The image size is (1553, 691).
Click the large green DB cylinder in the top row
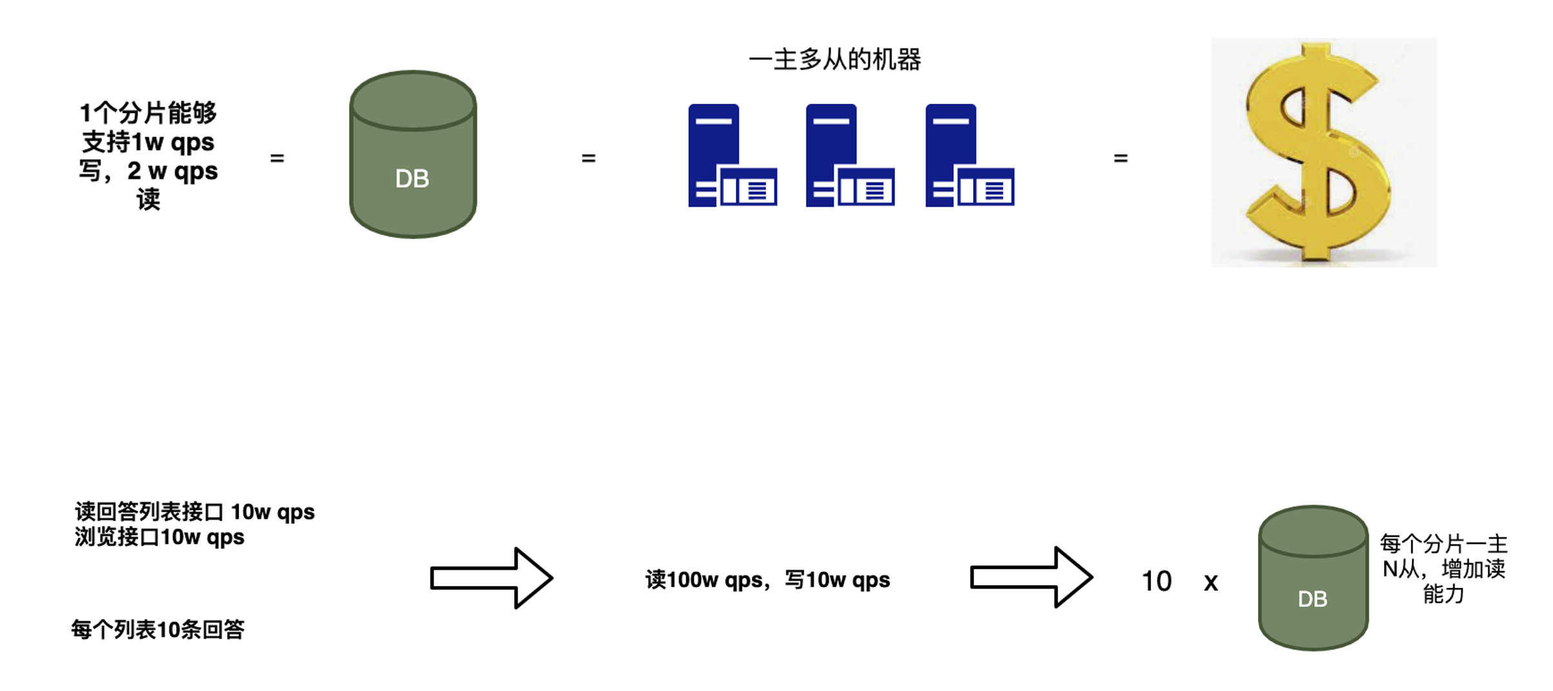click(412, 155)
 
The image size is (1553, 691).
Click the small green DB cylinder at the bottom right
click(1313, 578)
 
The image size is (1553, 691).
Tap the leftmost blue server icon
click(732, 155)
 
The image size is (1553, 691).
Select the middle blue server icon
click(849, 155)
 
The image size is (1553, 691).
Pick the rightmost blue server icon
click(969, 155)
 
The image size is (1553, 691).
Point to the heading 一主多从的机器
click(834, 60)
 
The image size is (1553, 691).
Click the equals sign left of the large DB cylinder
click(277, 158)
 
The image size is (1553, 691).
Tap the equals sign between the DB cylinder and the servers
click(588, 158)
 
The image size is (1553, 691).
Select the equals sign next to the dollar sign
click(1121, 158)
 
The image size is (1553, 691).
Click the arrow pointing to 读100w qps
click(491, 578)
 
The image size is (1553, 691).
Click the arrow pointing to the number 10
click(1031, 578)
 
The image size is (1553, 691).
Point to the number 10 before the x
click(1156, 581)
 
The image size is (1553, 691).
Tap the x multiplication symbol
click(1211, 583)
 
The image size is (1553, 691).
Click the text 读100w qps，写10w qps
click(767, 580)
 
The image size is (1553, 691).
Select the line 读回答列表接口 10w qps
click(195, 512)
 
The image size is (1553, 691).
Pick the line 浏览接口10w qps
click(159, 537)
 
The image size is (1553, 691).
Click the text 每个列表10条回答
click(158, 630)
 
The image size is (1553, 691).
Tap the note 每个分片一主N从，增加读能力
click(1443, 569)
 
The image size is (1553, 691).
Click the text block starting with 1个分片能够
click(148, 156)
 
